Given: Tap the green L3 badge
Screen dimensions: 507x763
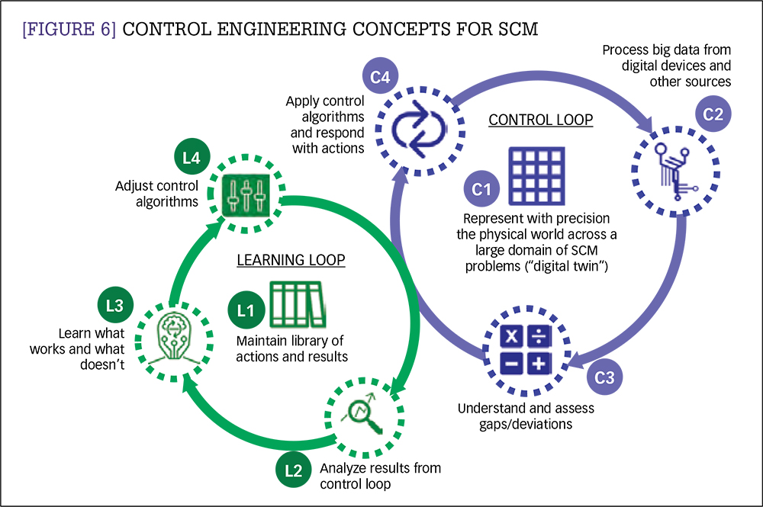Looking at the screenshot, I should [x=115, y=306].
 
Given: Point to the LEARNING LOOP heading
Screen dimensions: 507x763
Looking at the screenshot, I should [x=291, y=260].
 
